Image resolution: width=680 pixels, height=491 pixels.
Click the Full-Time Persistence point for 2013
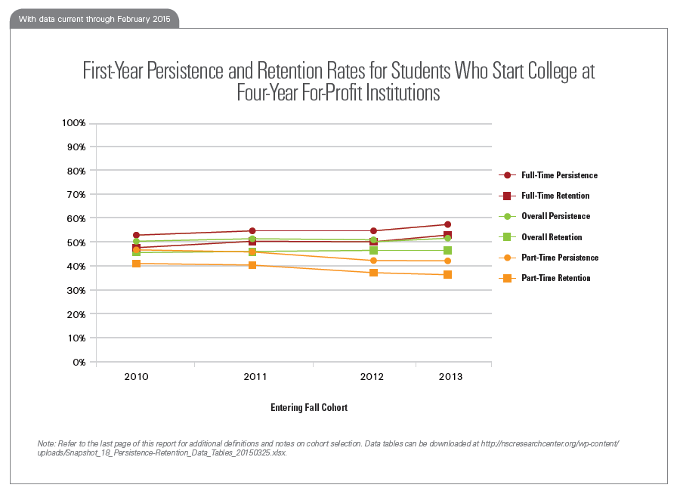(448, 224)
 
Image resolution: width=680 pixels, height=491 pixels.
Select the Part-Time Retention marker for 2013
(448, 274)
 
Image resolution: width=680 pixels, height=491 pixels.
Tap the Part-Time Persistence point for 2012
(373, 261)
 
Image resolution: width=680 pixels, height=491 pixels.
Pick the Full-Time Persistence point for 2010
(136, 235)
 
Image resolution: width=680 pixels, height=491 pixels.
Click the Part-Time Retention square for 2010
(136, 264)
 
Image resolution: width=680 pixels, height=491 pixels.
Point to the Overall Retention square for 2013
(448, 250)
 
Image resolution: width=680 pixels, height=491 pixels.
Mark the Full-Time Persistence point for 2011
(253, 230)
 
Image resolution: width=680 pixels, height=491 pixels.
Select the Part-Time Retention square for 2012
(373, 272)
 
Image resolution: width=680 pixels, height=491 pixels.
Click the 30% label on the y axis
(76, 290)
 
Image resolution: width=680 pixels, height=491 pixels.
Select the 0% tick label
(79, 362)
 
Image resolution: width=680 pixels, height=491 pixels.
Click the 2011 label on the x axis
(253, 376)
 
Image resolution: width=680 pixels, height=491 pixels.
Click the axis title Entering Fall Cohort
(309, 407)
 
